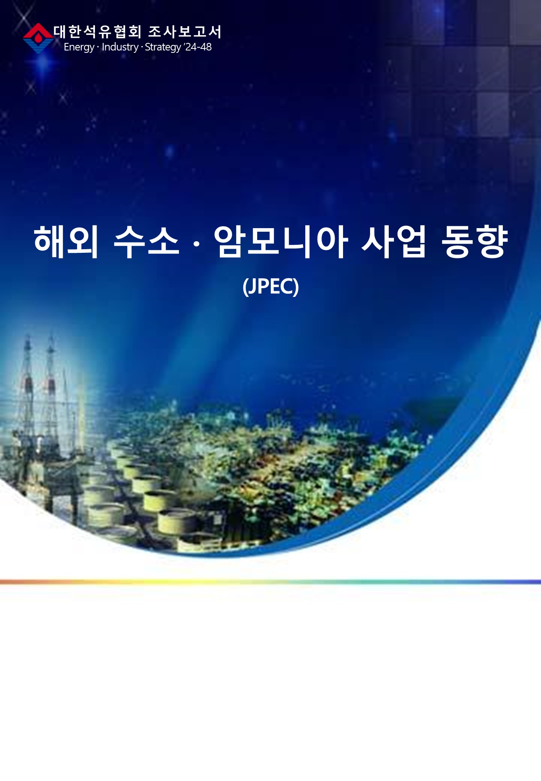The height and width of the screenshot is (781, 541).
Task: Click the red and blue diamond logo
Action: point(38,38)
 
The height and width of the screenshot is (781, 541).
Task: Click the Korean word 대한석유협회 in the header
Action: point(97,32)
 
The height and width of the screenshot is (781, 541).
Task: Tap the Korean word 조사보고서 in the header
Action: point(184,32)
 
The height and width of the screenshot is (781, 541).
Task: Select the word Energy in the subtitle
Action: point(79,47)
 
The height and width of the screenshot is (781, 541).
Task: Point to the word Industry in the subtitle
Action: point(120,47)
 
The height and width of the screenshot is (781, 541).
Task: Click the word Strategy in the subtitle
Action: point(163,47)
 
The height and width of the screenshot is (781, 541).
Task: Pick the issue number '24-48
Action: point(198,47)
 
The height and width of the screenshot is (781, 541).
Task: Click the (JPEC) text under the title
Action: point(271,286)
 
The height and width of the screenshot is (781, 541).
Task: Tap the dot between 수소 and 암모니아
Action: point(196,242)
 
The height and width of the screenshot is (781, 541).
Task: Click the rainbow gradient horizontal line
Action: point(270,582)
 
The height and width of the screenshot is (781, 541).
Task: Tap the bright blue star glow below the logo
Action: point(43,64)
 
